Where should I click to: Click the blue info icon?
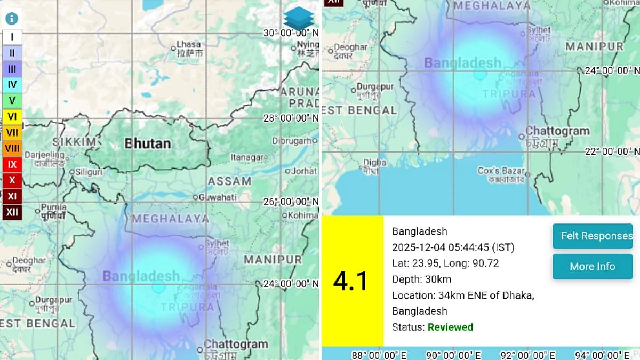point(11,19)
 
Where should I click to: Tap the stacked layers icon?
point(299,19)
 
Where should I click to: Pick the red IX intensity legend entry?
point(12,164)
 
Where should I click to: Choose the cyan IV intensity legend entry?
point(12,84)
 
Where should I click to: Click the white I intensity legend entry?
point(12,37)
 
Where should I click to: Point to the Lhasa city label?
point(189,45)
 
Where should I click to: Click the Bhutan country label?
point(148,143)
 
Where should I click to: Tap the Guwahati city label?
point(217,197)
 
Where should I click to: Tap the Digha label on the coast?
point(374,163)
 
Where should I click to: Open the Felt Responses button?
point(593,236)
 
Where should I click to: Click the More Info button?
point(593,266)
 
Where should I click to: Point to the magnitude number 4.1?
point(351,281)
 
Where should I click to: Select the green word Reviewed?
point(450,327)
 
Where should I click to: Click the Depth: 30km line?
point(421,279)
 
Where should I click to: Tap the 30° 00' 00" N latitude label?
point(291,33)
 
